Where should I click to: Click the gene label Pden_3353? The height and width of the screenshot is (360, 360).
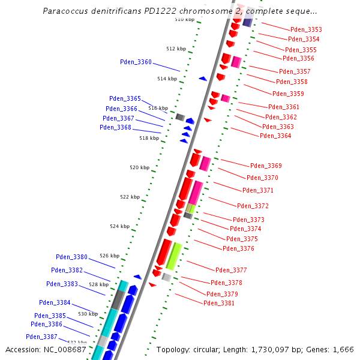click(306, 29)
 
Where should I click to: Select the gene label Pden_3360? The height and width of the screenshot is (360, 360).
click(136, 62)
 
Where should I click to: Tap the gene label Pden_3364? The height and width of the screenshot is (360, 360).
click(275, 136)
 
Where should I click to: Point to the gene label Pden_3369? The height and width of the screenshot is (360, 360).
click(266, 166)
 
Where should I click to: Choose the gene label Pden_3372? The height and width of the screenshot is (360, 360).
click(253, 206)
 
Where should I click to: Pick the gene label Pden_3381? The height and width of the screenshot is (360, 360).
click(219, 303)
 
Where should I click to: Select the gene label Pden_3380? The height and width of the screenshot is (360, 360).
click(71, 257)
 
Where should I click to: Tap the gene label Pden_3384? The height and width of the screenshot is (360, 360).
click(55, 302)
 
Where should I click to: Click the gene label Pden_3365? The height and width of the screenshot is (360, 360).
click(125, 98)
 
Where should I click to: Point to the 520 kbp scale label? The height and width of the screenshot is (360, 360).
click(139, 167)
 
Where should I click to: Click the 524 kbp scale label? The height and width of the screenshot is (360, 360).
click(119, 226)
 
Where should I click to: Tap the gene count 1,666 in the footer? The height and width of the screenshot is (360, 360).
click(343, 349)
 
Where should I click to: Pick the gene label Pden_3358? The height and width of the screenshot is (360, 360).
click(292, 82)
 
